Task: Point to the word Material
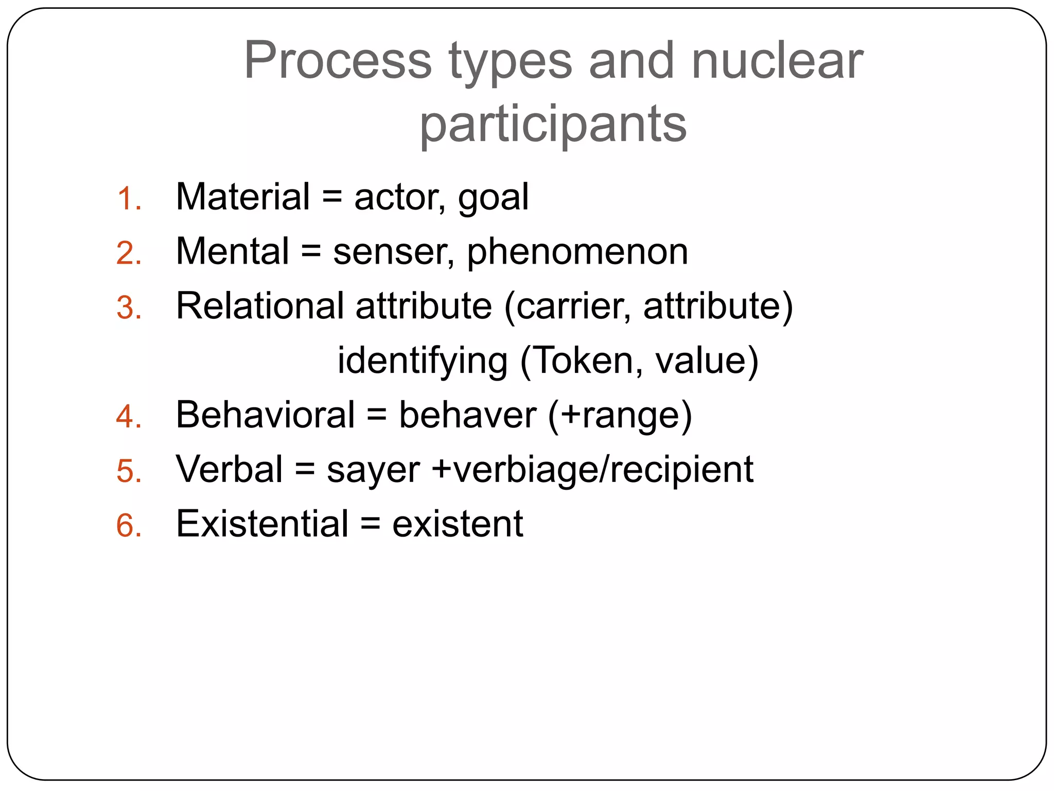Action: click(243, 197)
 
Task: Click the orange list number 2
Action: click(128, 254)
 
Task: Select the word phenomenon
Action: click(577, 253)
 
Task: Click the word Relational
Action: click(260, 306)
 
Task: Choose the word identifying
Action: click(423, 362)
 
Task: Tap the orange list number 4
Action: click(128, 417)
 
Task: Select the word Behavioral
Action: click(265, 415)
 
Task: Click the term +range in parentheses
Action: click(620, 415)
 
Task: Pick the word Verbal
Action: click(229, 470)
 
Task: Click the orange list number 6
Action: click(128, 526)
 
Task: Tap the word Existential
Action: click(262, 524)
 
